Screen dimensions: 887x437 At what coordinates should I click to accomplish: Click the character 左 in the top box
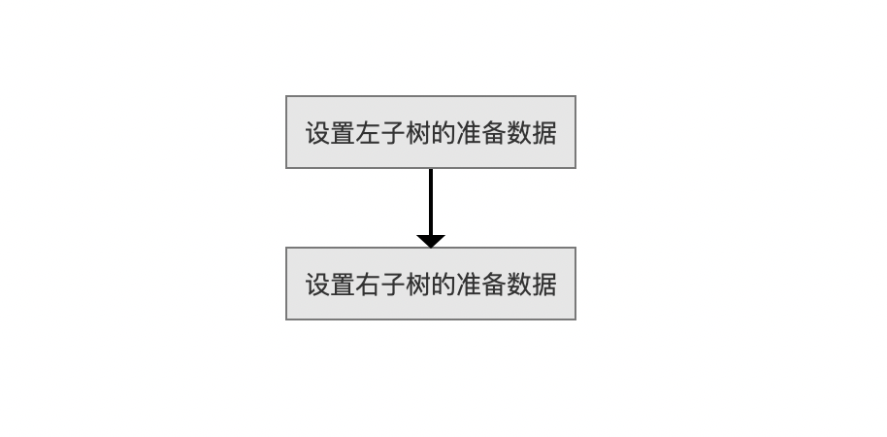pos(368,133)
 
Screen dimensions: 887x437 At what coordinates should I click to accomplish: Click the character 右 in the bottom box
pos(368,285)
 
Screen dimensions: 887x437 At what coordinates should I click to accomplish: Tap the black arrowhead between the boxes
pos(431,241)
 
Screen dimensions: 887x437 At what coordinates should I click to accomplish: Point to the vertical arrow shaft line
pos(431,202)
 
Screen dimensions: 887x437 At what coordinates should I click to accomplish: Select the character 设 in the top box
pos(318,133)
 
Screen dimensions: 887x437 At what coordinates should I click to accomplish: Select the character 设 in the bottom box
pos(318,285)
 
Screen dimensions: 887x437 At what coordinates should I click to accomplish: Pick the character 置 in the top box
pos(343,133)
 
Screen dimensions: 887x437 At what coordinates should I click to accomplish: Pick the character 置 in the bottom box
pos(343,285)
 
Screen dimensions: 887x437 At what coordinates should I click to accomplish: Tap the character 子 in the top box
pos(393,133)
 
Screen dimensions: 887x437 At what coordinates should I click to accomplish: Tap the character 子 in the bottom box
pos(393,285)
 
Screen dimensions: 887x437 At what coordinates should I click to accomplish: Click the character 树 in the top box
pos(418,133)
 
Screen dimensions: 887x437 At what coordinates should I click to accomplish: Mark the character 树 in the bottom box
pos(418,285)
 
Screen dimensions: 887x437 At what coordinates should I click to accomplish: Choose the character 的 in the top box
pos(443,133)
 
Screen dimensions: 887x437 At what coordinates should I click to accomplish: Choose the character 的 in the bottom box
pos(443,285)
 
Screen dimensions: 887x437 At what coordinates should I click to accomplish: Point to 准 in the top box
pos(469,133)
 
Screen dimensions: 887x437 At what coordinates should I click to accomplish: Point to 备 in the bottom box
pos(493,285)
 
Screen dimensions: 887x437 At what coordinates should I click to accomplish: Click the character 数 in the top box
pos(518,133)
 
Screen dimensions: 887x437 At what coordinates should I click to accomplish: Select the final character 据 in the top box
pos(543,133)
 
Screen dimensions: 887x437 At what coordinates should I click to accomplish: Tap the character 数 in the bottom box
pos(518,285)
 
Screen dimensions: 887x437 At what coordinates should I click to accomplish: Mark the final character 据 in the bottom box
pos(543,285)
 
